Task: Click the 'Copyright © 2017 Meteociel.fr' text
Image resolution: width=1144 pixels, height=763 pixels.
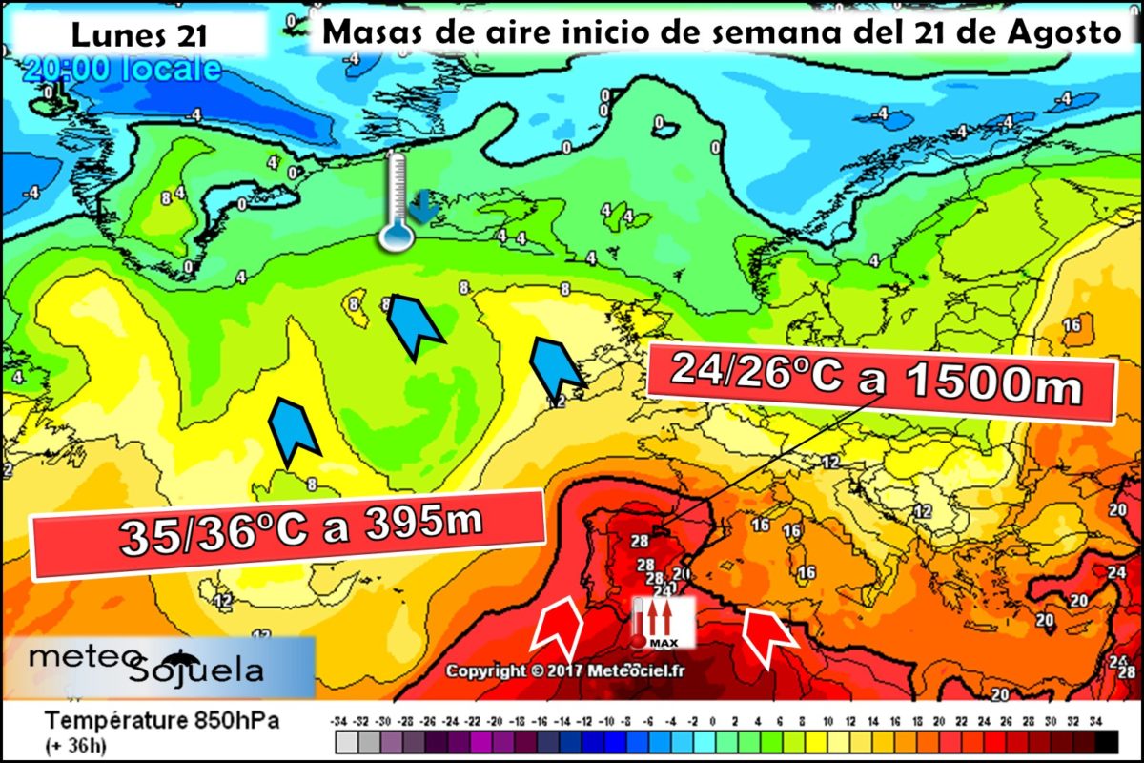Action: (x=565, y=670)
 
